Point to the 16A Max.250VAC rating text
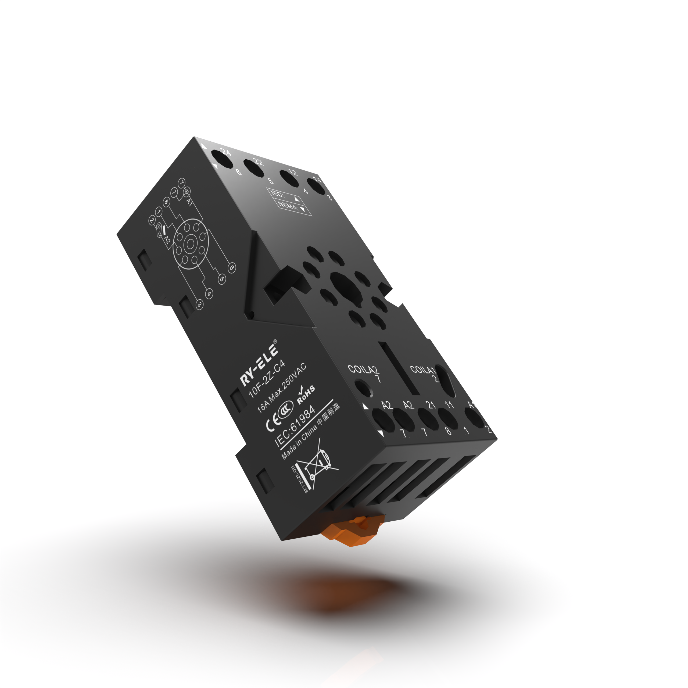282,388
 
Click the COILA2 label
364,370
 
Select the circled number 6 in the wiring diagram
231,267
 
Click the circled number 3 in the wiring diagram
199,304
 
